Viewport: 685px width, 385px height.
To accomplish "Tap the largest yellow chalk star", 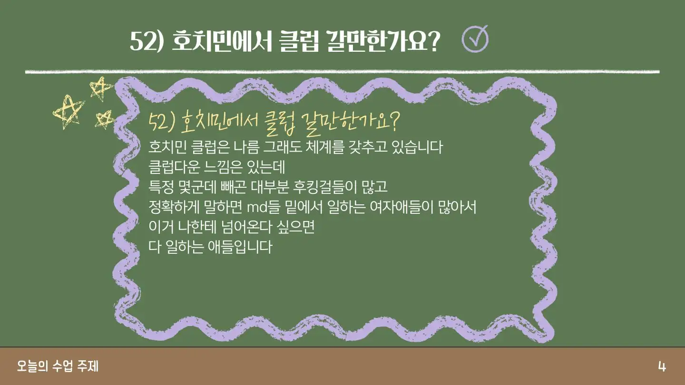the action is [x=68, y=112].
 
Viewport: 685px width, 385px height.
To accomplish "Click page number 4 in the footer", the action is [x=662, y=366].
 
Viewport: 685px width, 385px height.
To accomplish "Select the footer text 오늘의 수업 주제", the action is [x=58, y=366].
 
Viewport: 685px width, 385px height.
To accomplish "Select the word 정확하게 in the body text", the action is [x=174, y=207].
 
